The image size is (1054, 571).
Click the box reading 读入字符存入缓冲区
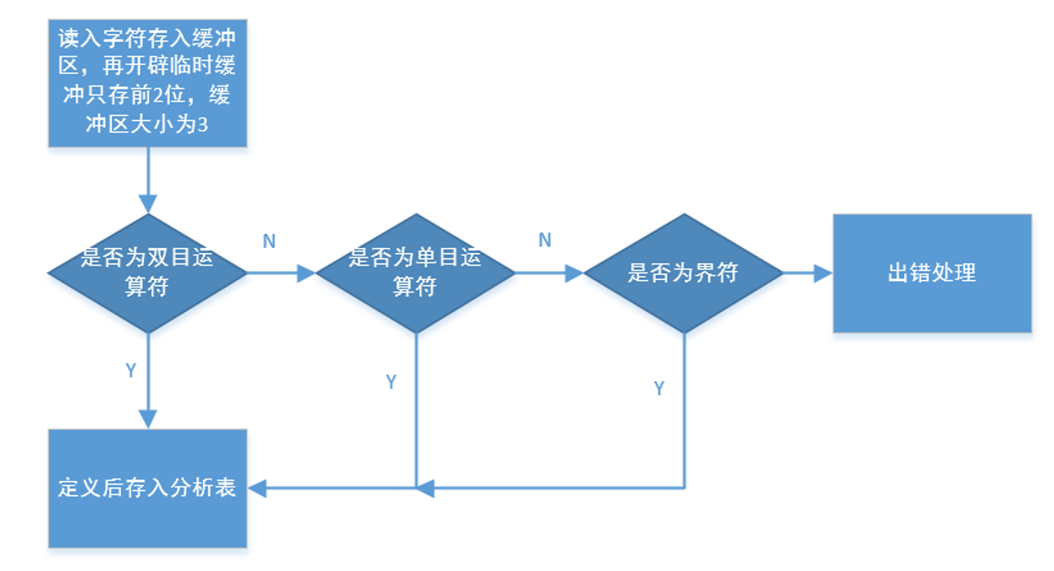(147, 82)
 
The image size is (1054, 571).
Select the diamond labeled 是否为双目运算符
(147, 272)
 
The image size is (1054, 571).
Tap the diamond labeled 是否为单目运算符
(415, 272)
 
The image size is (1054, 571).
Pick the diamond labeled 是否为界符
(683, 272)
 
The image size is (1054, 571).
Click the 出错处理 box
(932, 272)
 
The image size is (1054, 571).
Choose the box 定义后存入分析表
(147, 488)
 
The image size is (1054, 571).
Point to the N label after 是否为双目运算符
(269, 241)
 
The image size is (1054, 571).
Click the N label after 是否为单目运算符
(545, 241)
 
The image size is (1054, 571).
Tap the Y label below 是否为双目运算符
(130, 371)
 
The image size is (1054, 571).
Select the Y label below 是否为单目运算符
(391, 382)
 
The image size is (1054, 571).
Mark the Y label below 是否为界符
(659, 388)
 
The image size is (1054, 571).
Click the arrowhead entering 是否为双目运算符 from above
(147, 204)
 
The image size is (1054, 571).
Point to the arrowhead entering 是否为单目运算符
(306, 272)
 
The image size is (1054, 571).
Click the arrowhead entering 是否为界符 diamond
(574, 272)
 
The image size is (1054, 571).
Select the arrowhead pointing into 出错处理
(823, 272)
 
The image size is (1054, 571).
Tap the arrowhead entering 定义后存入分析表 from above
(147, 419)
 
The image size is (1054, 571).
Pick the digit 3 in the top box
(202, 126)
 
